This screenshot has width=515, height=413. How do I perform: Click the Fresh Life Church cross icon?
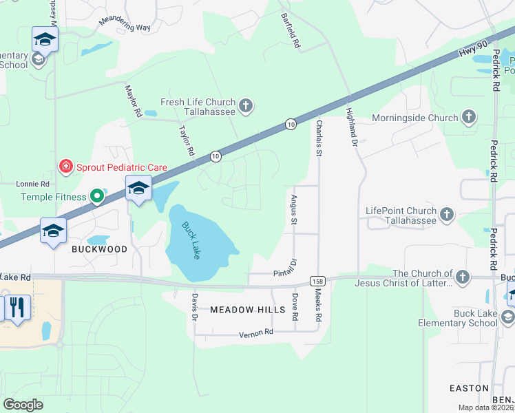click(246, 106)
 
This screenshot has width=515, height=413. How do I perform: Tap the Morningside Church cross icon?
click(470, 117)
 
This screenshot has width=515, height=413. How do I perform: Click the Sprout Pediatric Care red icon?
click(65, 167)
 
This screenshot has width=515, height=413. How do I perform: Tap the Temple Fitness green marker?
click(97, 197)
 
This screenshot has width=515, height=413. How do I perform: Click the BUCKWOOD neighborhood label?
click(100, 249)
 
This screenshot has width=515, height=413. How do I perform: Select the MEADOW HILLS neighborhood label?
click(247, 310)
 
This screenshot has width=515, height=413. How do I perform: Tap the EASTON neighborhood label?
click(469, 388)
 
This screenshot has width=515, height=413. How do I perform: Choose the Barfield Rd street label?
click(292, 32)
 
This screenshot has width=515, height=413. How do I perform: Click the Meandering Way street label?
click(125, 21)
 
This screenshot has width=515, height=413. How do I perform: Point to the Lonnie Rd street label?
click(33, 184)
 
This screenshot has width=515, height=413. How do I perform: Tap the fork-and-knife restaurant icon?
click(17, 307)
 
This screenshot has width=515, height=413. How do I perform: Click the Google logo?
click(23, 405)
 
